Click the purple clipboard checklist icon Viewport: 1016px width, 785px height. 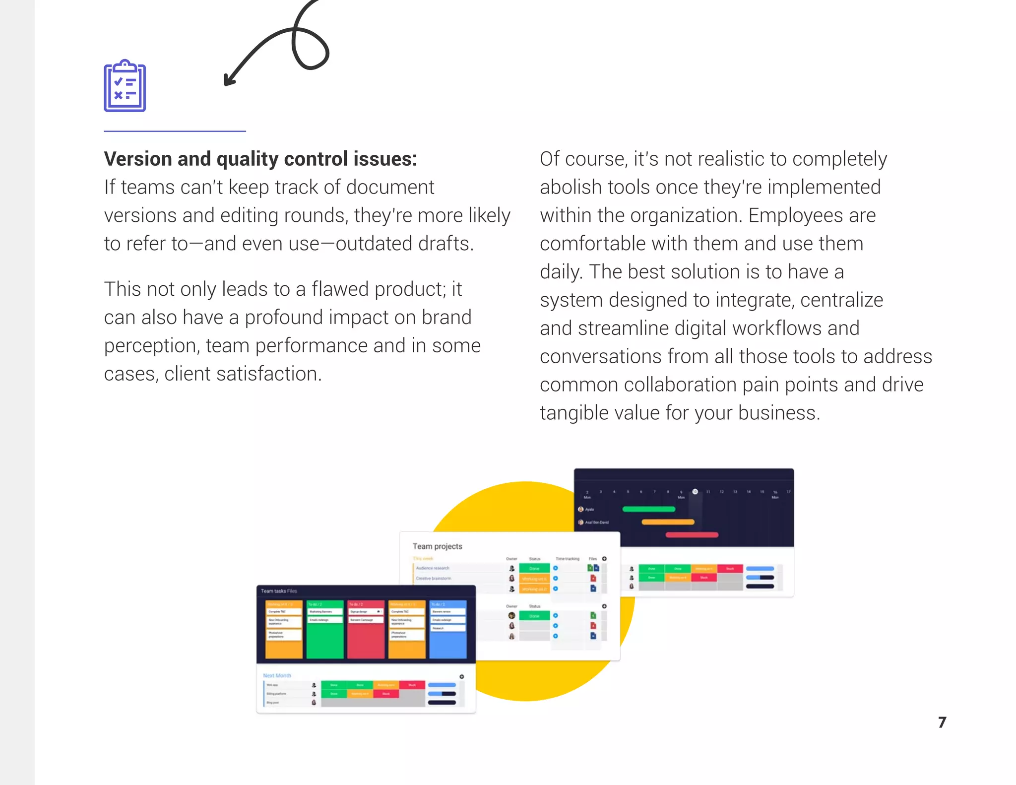click(x=125, y=86)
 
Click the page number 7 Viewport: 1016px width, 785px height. click(x=942, y=722)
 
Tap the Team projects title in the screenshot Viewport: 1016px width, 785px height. click(x=437, y=546)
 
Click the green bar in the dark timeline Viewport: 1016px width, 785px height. click(x=648, y=509)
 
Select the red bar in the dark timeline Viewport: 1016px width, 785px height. click(x=692, y=535)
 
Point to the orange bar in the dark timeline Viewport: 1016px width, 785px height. click(x=668, y=522)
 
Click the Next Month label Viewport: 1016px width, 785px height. click(x=277, y=675)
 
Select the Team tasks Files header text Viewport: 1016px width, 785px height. click(x=279, y=591)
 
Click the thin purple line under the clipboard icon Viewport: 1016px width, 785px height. click(x=175, y=131)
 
